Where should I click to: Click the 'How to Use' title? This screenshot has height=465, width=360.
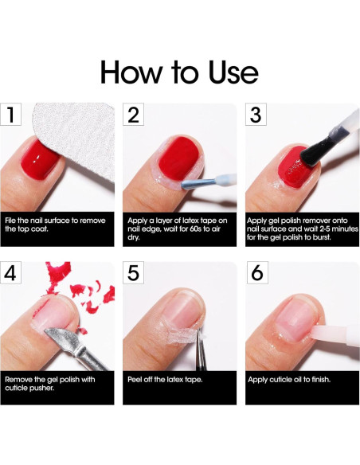click(x=179, y=72)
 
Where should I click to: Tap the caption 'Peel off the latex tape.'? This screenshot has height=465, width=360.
click(x=165, y=380)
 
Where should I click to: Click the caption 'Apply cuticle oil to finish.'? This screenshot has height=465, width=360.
click(x=289, y=380)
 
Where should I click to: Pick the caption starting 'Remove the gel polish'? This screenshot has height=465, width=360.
click(x=49, y=385)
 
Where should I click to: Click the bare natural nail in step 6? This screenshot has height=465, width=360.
click(x=284, y=318)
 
